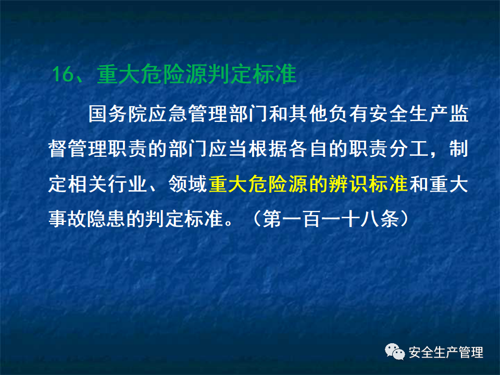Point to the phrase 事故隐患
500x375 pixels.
point(89,219)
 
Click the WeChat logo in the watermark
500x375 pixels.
point(395,353)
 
